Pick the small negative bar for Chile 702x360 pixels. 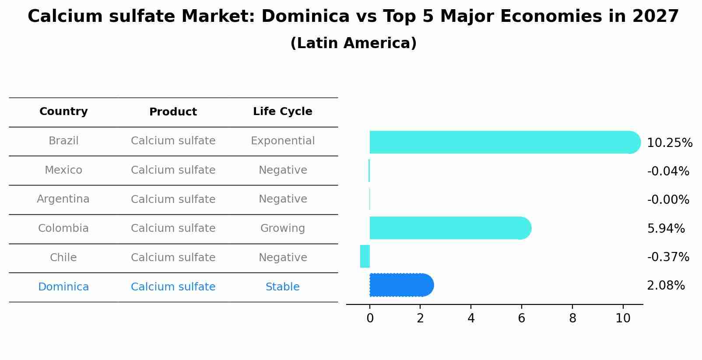click(x=365, y=256)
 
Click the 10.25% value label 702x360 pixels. click(x=669, y=143)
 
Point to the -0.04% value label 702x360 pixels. click(x=668, y=171)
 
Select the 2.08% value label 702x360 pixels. click(x=666, y=286)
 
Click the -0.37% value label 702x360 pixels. click(x=668, y=257)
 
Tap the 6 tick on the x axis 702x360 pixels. click(x=521, y=318)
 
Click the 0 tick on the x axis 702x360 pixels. click(x=370, y=318)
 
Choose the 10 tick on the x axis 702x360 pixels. click(x=623, y=318)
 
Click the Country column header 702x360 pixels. click(x=63, y=112)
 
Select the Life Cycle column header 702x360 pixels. click(x=283, y=112)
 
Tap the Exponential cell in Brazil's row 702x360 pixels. click(x=283, y=141)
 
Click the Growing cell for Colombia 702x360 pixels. click(x=283, y=228)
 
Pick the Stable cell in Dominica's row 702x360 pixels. click(x=283, y=287)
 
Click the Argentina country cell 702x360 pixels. click(x=63, y=199)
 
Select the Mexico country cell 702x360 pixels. click(x=63, y=170)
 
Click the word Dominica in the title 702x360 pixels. click(x=305, y=17)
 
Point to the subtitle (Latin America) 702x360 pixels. click(x=353, y=43)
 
